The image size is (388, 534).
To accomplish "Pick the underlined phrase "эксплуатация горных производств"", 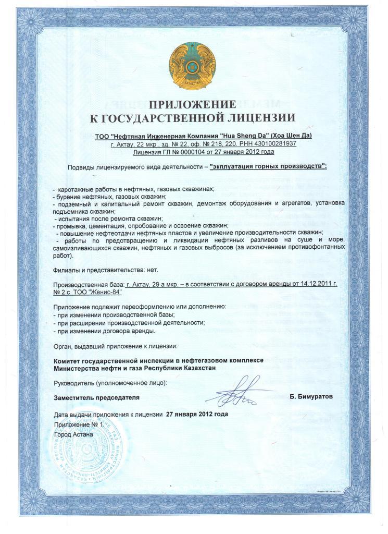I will coord(268,167).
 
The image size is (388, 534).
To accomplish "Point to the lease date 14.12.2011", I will coord(312,284).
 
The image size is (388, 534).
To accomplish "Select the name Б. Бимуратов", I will coord(311,397).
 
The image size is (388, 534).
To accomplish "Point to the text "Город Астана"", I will coord(73,433).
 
